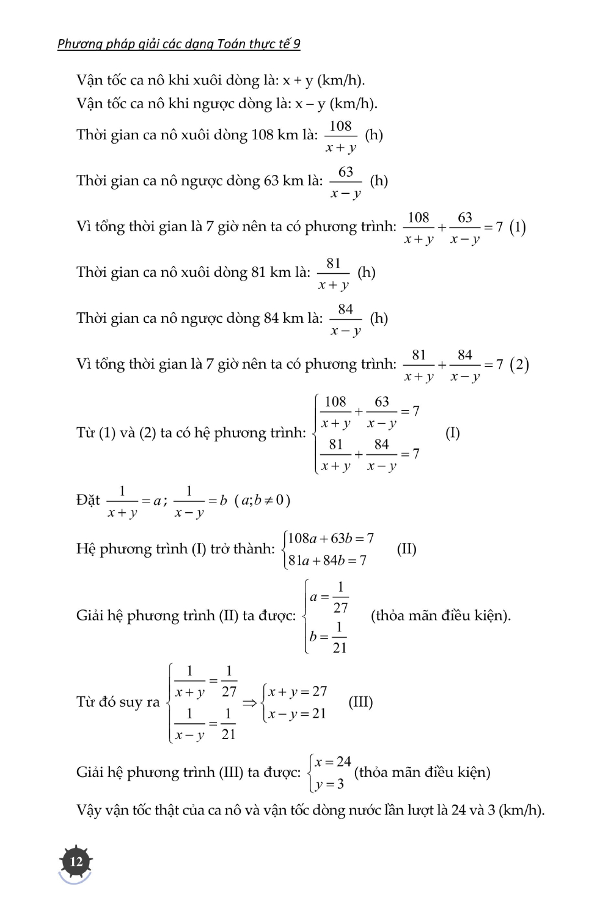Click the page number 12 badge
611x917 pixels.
(x=76, y=861)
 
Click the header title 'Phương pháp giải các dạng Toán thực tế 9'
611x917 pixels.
(x=178, y=43)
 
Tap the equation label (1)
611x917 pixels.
(x=518, y=227)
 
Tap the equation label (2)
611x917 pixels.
(x=519, y=365)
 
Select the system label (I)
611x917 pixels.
(x=452, y=433)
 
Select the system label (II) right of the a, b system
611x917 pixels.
(x=406, y=548)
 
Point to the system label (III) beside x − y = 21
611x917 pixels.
(x=360, y=701)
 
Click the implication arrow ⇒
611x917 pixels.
(x=249, y=702)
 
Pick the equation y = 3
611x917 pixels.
(x=329, y=784)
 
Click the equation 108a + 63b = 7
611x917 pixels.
(x=331, y=538)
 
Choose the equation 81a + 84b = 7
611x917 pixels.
(x=327, y=560)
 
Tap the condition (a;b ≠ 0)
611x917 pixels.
(x=262, y=500)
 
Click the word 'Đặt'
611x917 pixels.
(x=88, y=500)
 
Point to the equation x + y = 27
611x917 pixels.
(x=298, y=691)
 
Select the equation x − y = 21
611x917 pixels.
(x=297, y=713)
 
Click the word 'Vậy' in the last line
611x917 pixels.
(x=89, y=810)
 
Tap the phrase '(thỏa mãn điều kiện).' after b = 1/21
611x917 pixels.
(x=441, y=615)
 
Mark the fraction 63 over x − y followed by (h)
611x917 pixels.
(x=346, y=182)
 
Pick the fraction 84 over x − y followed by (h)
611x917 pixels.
(x=346, y=319)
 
